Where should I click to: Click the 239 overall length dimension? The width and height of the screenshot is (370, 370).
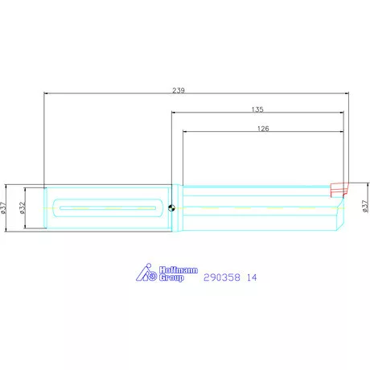pos(179,91)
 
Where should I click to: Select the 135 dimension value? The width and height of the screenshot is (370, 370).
pos(257,109)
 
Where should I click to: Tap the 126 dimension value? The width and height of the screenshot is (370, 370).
pos(263,128)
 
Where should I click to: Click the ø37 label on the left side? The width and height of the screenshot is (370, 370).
pos(4,208)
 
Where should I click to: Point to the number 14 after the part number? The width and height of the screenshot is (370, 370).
pos(252,277)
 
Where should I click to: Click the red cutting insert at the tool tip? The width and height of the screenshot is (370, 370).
pos(339,190)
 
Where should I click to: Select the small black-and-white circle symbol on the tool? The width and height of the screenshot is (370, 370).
pos(171,208)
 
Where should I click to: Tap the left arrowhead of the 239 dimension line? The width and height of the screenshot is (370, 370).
pos(47,96)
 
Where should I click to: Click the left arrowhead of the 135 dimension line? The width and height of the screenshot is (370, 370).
pos(175,114)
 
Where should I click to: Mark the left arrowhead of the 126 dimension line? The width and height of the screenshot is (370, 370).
pos(186,133)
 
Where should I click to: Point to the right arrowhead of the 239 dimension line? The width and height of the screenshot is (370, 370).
pos(345,96)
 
